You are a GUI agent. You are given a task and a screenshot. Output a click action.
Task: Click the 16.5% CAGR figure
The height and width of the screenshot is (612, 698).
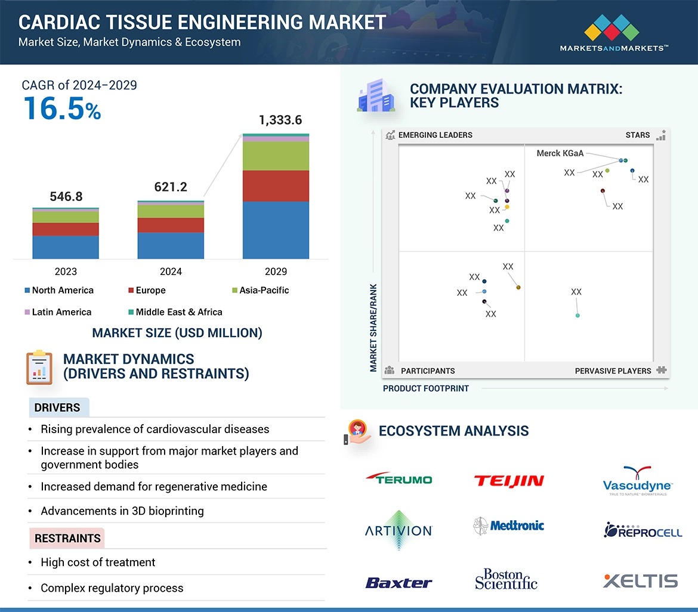point(62,109)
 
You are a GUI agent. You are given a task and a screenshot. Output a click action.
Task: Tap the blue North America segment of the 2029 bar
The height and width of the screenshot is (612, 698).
point(276,230)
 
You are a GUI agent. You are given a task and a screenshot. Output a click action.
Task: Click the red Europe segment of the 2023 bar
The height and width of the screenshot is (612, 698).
point(66,229)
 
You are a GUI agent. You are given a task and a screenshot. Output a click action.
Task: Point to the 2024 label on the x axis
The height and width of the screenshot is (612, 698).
point(171,271)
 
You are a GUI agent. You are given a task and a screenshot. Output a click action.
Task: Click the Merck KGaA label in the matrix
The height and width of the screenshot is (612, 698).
point(560,153)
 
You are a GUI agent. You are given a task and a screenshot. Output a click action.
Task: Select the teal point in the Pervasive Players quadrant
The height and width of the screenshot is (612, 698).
point(577,315)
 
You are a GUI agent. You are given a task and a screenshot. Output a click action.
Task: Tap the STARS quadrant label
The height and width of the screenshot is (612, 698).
point(637,135)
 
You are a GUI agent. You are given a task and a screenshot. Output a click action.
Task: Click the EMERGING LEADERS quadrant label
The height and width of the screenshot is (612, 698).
point(435,135)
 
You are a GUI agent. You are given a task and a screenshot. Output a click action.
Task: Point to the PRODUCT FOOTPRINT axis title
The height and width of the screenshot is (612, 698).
point(425,388)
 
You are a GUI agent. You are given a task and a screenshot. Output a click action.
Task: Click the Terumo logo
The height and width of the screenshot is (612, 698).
point(399,479)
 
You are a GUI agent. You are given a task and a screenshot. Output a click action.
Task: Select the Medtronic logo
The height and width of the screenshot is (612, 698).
point(509,526)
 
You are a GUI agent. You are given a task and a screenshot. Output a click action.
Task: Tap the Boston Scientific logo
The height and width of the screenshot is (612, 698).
point(506,579)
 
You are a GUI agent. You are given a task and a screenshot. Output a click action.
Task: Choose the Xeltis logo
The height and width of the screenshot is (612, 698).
point(640,580)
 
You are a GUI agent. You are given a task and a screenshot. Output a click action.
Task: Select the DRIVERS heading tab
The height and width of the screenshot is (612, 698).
point(57,408)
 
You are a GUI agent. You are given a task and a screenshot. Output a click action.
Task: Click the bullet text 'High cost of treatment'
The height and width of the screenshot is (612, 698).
point(98,562)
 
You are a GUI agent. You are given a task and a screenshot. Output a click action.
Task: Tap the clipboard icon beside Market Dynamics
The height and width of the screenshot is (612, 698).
point(39,367)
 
